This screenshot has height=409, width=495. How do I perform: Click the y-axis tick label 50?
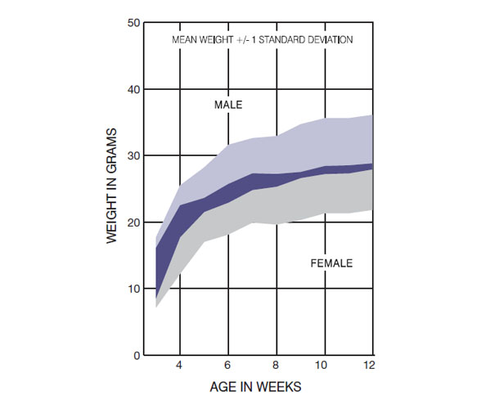[x=133, y=23]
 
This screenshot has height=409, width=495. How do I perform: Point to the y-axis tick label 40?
[x=133, y=89]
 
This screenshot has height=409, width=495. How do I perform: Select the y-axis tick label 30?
[x=133, y=156]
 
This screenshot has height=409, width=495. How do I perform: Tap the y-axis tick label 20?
[x=133, y=222]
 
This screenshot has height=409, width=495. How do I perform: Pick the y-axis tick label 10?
[x=133, y=289]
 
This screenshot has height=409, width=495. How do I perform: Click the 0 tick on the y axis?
[x=136, y=355]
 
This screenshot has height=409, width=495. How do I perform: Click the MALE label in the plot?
[x=228, y=105]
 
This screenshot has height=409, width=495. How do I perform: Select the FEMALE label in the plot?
[x=331, y=263]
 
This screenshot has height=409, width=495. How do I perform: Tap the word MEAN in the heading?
[x=185, y=38]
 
